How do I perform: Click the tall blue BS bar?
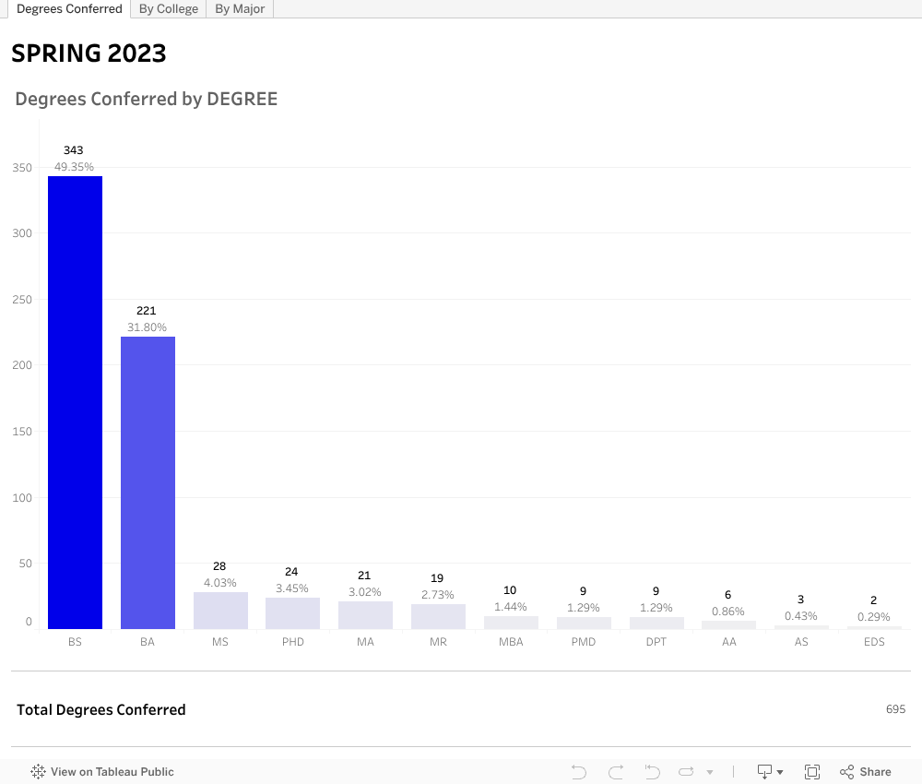[x=75, y=402]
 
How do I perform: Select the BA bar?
[x=148, y=482]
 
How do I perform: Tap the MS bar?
[x=220, y=611]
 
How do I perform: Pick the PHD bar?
[x=292, y=613]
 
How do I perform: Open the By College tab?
[x=169, y=9]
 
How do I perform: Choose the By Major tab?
[x=240, y=9]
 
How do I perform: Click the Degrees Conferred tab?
[x=69, y=9]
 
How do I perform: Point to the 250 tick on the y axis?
[x=21, y=300]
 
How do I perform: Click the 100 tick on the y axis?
[x=21, y=498]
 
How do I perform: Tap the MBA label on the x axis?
[x=511, y=642]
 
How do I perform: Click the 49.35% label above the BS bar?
[x=74, y=167]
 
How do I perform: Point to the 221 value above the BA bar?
[x=147, y=311]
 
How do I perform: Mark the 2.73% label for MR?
[x=437, y=595]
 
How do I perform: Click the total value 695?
[x=895, y=709]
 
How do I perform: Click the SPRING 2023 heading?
[x=89, y=53]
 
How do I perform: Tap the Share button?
[x=865, y=772]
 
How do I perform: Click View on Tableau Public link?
[x=102, y=772]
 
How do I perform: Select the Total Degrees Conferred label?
[x=101, y=709]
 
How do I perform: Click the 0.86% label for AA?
[x=728, y=612]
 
